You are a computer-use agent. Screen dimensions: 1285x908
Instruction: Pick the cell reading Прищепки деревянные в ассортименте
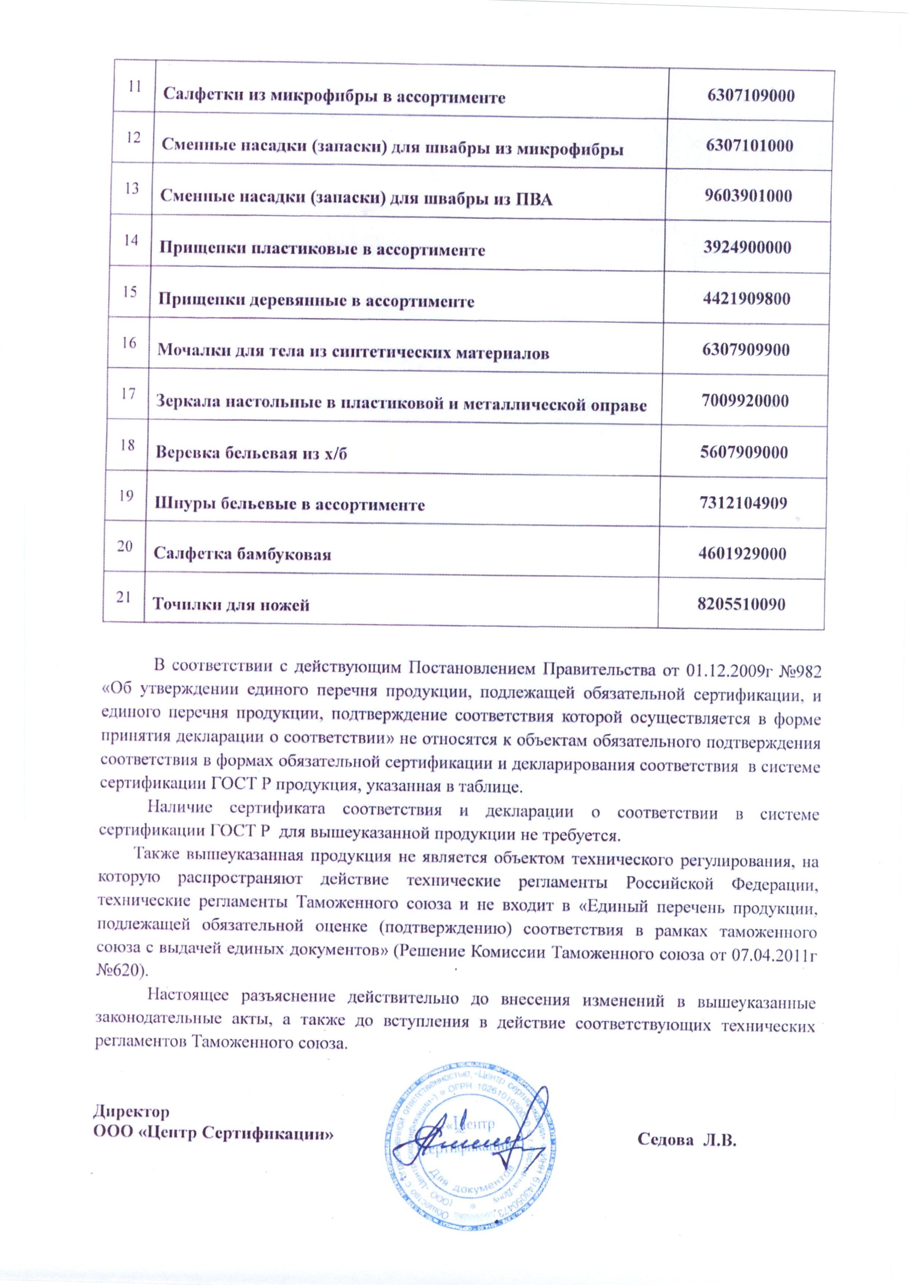[x=317, y=302]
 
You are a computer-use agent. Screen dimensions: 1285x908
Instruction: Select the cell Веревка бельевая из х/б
[x=251, y=453]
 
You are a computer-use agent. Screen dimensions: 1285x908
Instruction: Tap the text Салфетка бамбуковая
[x=242, y=555]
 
